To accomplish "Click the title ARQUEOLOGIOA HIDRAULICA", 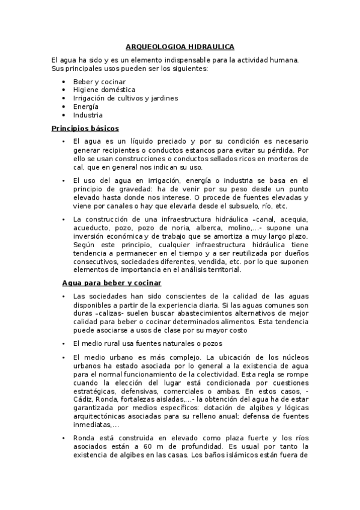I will coord(180,46).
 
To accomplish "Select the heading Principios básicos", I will coord(85,128).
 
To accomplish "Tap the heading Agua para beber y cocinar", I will coord(111,283).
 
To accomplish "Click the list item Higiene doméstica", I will coord(96,90).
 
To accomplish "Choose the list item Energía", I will coord(86,106).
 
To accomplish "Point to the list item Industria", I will coord(88,115).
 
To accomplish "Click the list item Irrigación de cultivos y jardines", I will coord(125,98).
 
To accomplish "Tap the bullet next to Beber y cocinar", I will coord(64,81).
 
